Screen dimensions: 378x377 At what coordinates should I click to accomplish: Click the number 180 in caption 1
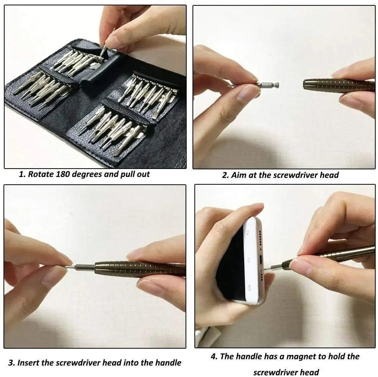pyautogui.click(x=63, y=174)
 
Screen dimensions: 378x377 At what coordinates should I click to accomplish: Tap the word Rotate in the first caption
pyautogui.click(x=40, y=174)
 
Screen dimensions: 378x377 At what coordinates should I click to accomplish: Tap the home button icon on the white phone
pyautogui.click(x=250, y=260)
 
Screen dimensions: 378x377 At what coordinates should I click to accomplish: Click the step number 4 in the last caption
pyautogui.click(x=213, y=356)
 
